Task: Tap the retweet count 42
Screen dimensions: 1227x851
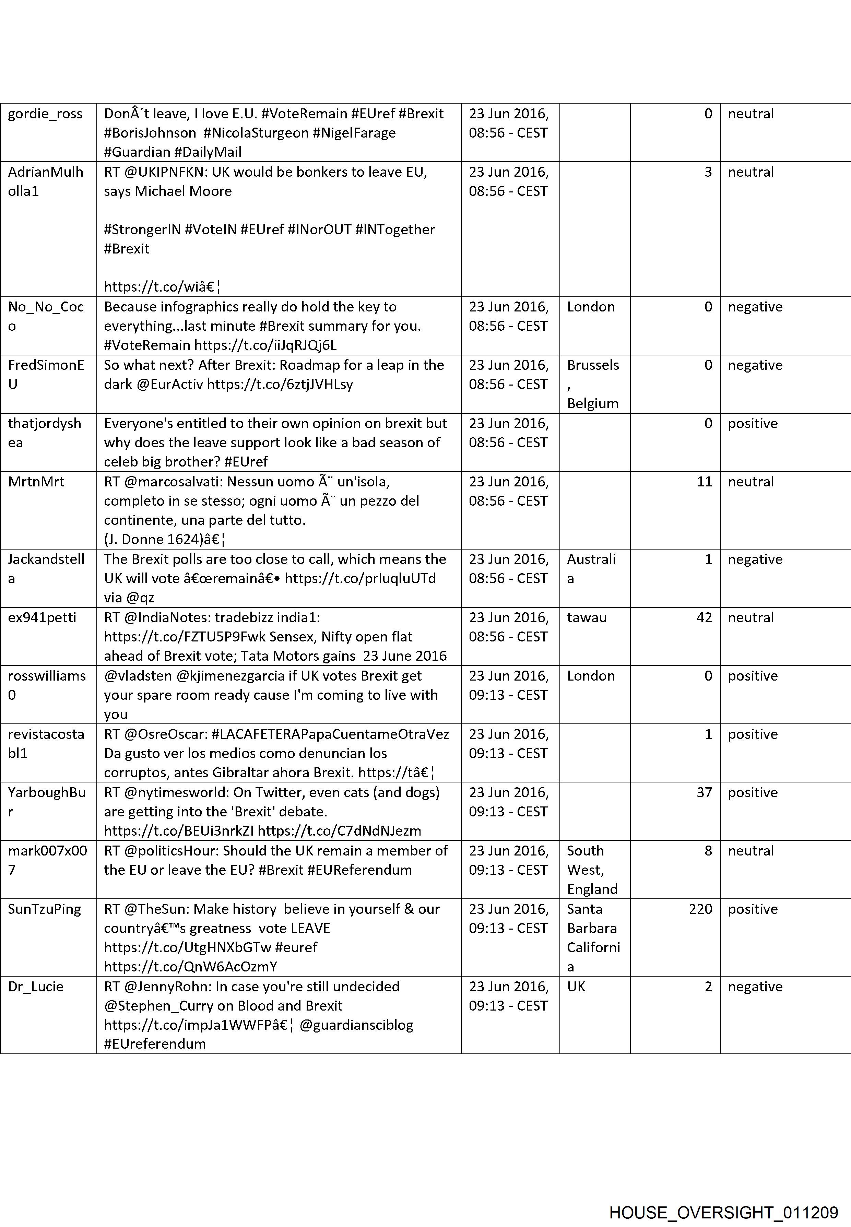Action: pos(704,617)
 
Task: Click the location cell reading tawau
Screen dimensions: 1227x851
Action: pos(587,617)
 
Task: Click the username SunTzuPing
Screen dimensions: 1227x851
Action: pos(44,909)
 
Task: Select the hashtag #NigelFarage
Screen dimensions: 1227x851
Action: pos(354,133)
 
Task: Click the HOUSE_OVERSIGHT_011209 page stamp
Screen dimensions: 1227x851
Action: pos(723,1198)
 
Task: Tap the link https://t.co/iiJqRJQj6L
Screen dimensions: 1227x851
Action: pos(265,345)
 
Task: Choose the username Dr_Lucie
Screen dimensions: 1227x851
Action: pos(36,987)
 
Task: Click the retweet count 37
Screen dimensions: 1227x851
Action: pos(704,792)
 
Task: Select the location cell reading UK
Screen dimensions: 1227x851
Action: pos(576,987)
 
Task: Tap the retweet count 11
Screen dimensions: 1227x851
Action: pos(704,482)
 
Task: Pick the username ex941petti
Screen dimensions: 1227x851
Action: pos(42,617)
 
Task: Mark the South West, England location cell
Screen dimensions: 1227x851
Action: pos(592,870)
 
